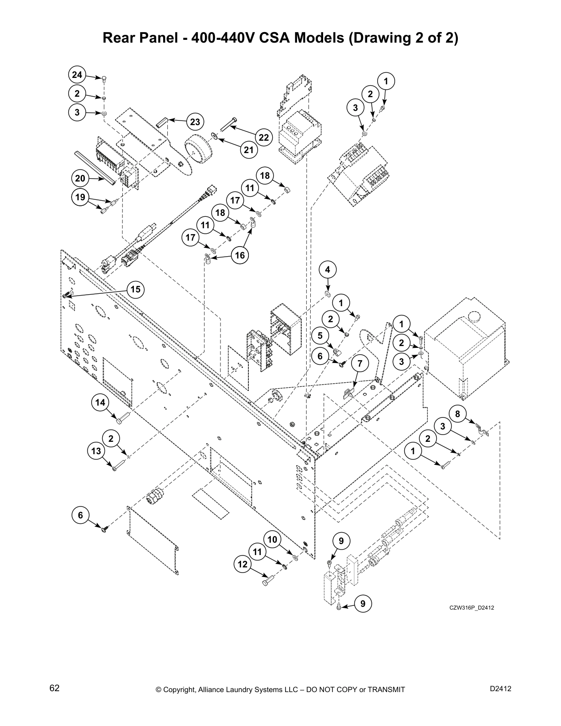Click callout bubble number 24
pos(77,75)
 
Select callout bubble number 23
pos(195,122)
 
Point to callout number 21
pos(248,149)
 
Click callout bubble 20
pos(80,178)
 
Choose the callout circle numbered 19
pos(80,198)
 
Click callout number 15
pos(135,289)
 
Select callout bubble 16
pos(240,255)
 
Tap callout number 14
pos(100,402)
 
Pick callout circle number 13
pos(96,451)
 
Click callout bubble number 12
pos(242,564)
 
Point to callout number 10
pos(273,539)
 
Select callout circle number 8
pos(457,413)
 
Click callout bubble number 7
pos(360,363)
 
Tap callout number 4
pos(327,269)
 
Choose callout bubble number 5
pos(320,335)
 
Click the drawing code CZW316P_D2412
pos(472,608)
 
